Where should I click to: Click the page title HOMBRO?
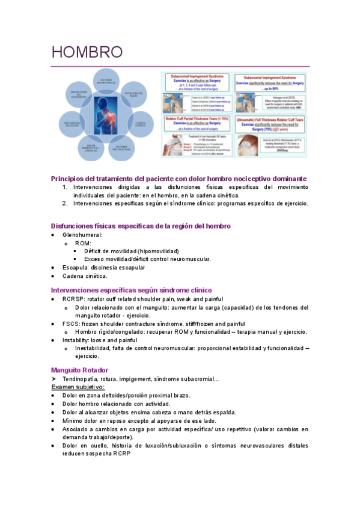pyautogui.click(x=87, y=52)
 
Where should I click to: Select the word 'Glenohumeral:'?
pyautogui.click(x=82, y=235)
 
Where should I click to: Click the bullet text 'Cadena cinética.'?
pyautogui.click(x=85, y=275)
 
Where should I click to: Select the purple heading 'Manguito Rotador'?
pyautogui.click(x=79, y=370)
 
